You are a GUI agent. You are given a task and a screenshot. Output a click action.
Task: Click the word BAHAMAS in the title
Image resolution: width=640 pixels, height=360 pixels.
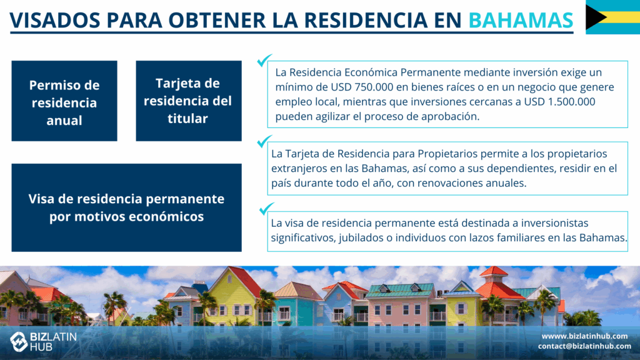pyautogui.click(x=521, y=20)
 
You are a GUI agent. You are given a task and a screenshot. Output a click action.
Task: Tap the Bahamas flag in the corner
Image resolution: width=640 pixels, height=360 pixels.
pyautogui.click(x=612, y=17)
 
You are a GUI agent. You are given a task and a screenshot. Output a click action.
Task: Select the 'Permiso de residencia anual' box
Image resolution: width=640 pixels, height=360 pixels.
pyautogui.click(x=64, y=101)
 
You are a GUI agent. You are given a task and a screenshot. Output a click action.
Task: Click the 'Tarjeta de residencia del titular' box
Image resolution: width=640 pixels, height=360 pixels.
pyautogui.click(x=189, y=101)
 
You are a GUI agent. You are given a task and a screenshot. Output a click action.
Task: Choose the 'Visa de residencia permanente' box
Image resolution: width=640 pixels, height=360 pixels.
pyautogui.click(x=126, y=207)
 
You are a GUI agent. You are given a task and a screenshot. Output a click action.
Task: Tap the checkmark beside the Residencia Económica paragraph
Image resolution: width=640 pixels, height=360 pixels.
pyautogui.click(x=264, y=60)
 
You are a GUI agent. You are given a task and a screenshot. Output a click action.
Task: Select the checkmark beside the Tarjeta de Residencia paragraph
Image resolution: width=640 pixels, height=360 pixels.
pyautogui.click(x=264, y=141)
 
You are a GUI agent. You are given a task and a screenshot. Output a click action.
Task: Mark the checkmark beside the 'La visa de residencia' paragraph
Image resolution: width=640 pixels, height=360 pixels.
pyautogui.click(x=266, y=209)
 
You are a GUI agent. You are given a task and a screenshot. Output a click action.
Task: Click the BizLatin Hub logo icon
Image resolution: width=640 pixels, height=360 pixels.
pyautogui.click(x=18, y=341)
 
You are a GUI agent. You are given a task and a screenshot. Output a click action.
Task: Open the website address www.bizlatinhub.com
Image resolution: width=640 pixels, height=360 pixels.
pyautogui.click(x=584, y=336)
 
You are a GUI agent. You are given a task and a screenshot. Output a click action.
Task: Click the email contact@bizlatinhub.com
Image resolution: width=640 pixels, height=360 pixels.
pyautogui.click(x=584, y=346)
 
